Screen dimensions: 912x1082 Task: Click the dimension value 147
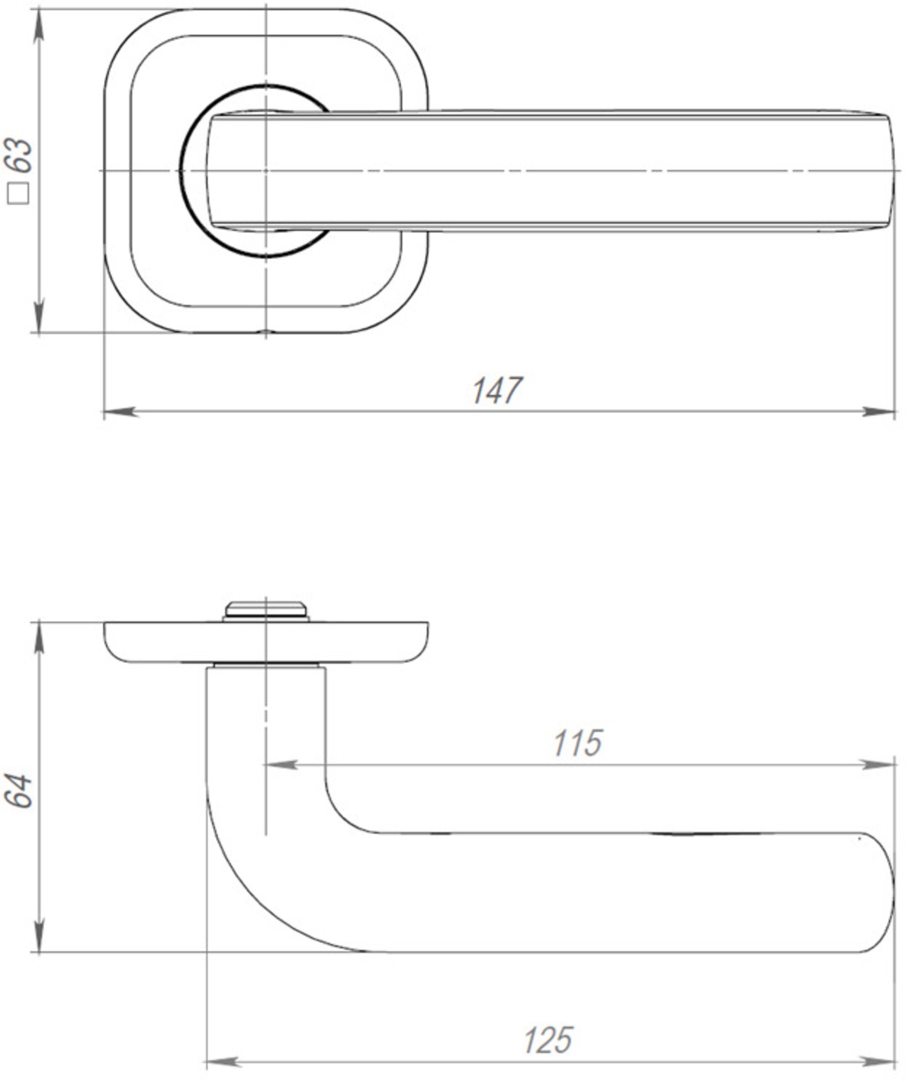click(497, 391)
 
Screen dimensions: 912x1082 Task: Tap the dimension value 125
click(549, 1040)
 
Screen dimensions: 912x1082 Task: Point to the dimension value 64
click(19, 791)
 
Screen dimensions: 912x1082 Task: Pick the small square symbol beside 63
click(19, 194)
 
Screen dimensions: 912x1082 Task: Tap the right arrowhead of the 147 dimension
click(878, 412)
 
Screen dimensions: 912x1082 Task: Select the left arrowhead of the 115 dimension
click(282, 765)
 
